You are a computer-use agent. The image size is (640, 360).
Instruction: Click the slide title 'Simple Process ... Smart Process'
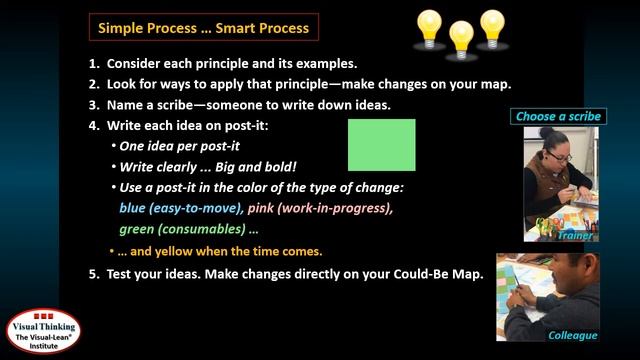(203, 26)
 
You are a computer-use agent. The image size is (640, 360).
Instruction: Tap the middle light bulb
(461, 38)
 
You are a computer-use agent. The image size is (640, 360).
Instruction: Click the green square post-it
(381, 145)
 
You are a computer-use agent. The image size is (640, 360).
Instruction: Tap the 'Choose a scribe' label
(558, 117)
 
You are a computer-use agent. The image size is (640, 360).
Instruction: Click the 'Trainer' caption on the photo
(575, 236)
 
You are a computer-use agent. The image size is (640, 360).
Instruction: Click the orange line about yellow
(221, 251)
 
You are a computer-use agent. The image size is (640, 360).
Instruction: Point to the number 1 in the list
(93, 63)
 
